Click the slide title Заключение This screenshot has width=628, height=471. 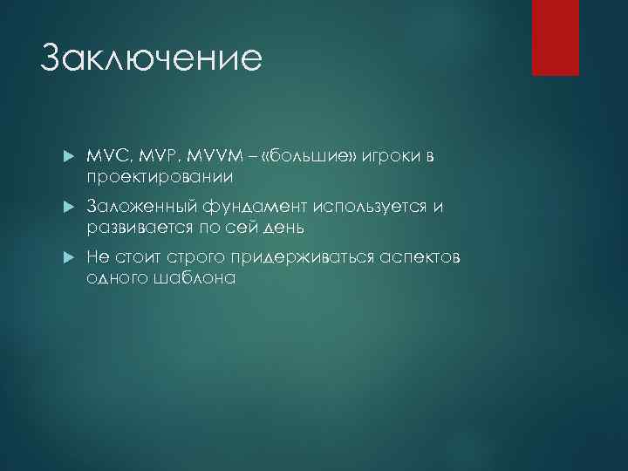pyautogui.click(x=151, y=58)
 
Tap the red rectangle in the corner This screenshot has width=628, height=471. pyautogui.click(x=556, y=38)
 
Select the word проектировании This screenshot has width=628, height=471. pyautogui.click(x=160, y=178)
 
